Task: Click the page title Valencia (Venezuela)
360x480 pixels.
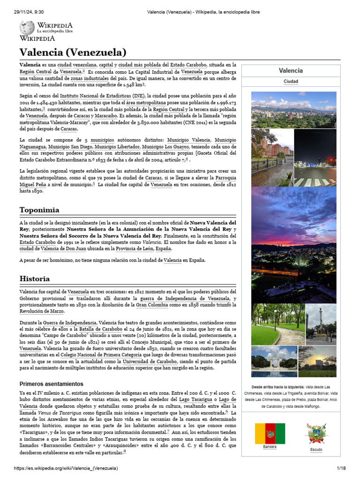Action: click(x=73, y=52)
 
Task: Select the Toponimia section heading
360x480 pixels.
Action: click(x=39, y=210)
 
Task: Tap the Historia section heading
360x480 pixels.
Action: click(x=35, y=278)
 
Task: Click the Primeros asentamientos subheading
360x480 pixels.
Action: click(x=51, y=383)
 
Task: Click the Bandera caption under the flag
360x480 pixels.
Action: click(x=270, y=447)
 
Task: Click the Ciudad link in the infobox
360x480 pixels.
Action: click(x=291, y=82)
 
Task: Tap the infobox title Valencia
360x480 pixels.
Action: click(x=291, y=70)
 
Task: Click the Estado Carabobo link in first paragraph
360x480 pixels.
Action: click(x=203, y=65)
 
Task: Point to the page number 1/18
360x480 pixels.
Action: click(x=340, y=468)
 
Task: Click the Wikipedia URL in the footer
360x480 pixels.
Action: click(x=66, y=468)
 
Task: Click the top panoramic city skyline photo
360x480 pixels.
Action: click(x=293, y=110)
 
